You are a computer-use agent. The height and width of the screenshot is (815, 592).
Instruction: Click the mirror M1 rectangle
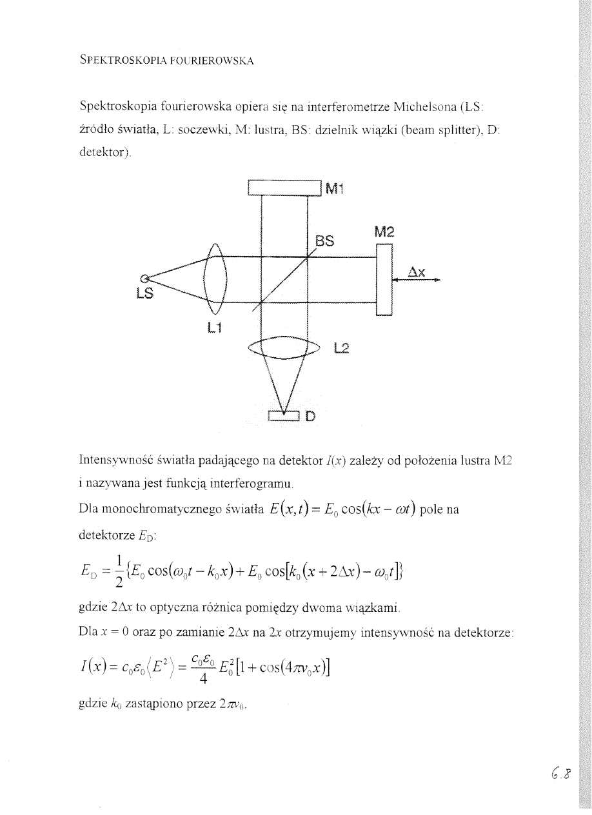click(x=284, y=188)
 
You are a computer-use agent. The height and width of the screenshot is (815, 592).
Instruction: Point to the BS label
click(x=325, y=242)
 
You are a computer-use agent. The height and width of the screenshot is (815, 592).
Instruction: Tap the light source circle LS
click(x=145, y=279)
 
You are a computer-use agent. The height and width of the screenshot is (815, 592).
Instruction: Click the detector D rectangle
click(x=284, y=416)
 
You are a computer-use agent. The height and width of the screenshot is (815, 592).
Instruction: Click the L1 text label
click(x=215, y=328)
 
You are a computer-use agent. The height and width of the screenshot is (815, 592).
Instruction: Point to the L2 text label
click(x=342, y=349)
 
